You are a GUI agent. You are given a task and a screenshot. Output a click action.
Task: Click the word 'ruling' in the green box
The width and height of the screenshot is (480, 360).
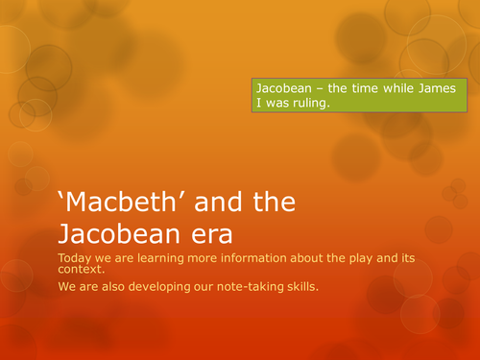pos(306,105)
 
